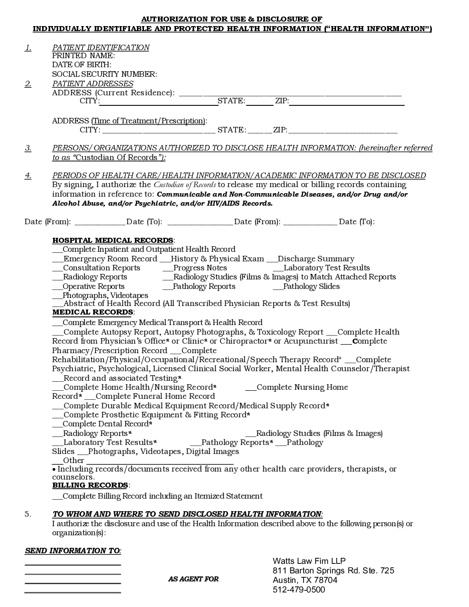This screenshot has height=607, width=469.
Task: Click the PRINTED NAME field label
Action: [x=83, y=56]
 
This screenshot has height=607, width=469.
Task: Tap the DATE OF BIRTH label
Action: [x=82, y=65]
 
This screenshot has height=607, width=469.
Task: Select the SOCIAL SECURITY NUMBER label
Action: [x=104, y=74]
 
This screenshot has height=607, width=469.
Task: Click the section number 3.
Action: [x=28, y=148]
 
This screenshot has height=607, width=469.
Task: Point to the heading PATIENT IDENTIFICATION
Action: [x=101, y=47]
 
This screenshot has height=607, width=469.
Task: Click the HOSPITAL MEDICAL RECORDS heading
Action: [x=113, y=240]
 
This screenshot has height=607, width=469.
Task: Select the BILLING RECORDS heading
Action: [x=90, y=485]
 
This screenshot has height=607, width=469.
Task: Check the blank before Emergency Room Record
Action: [x=58, y=260]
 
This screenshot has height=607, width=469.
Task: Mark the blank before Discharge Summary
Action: [x=271, y=260]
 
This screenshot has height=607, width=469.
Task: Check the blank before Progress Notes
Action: [x=168, y=269]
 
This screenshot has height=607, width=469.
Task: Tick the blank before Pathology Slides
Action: [x=278, y=287]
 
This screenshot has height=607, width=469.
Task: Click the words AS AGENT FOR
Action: [x=193, y=579]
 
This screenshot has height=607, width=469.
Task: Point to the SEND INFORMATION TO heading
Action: [x=73, y=551]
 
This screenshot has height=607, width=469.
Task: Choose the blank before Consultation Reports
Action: [x=57, y=269]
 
